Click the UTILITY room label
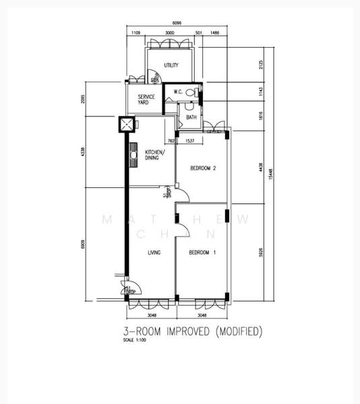pos(171,65)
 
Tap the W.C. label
pos(179,92)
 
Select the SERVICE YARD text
pos(146,100)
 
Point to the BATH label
pos(191,117)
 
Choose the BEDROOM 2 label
pos(202,168)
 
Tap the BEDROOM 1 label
pos(202,252)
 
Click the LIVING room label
pos(154,252)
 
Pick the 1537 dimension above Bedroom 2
pos(190,141)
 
